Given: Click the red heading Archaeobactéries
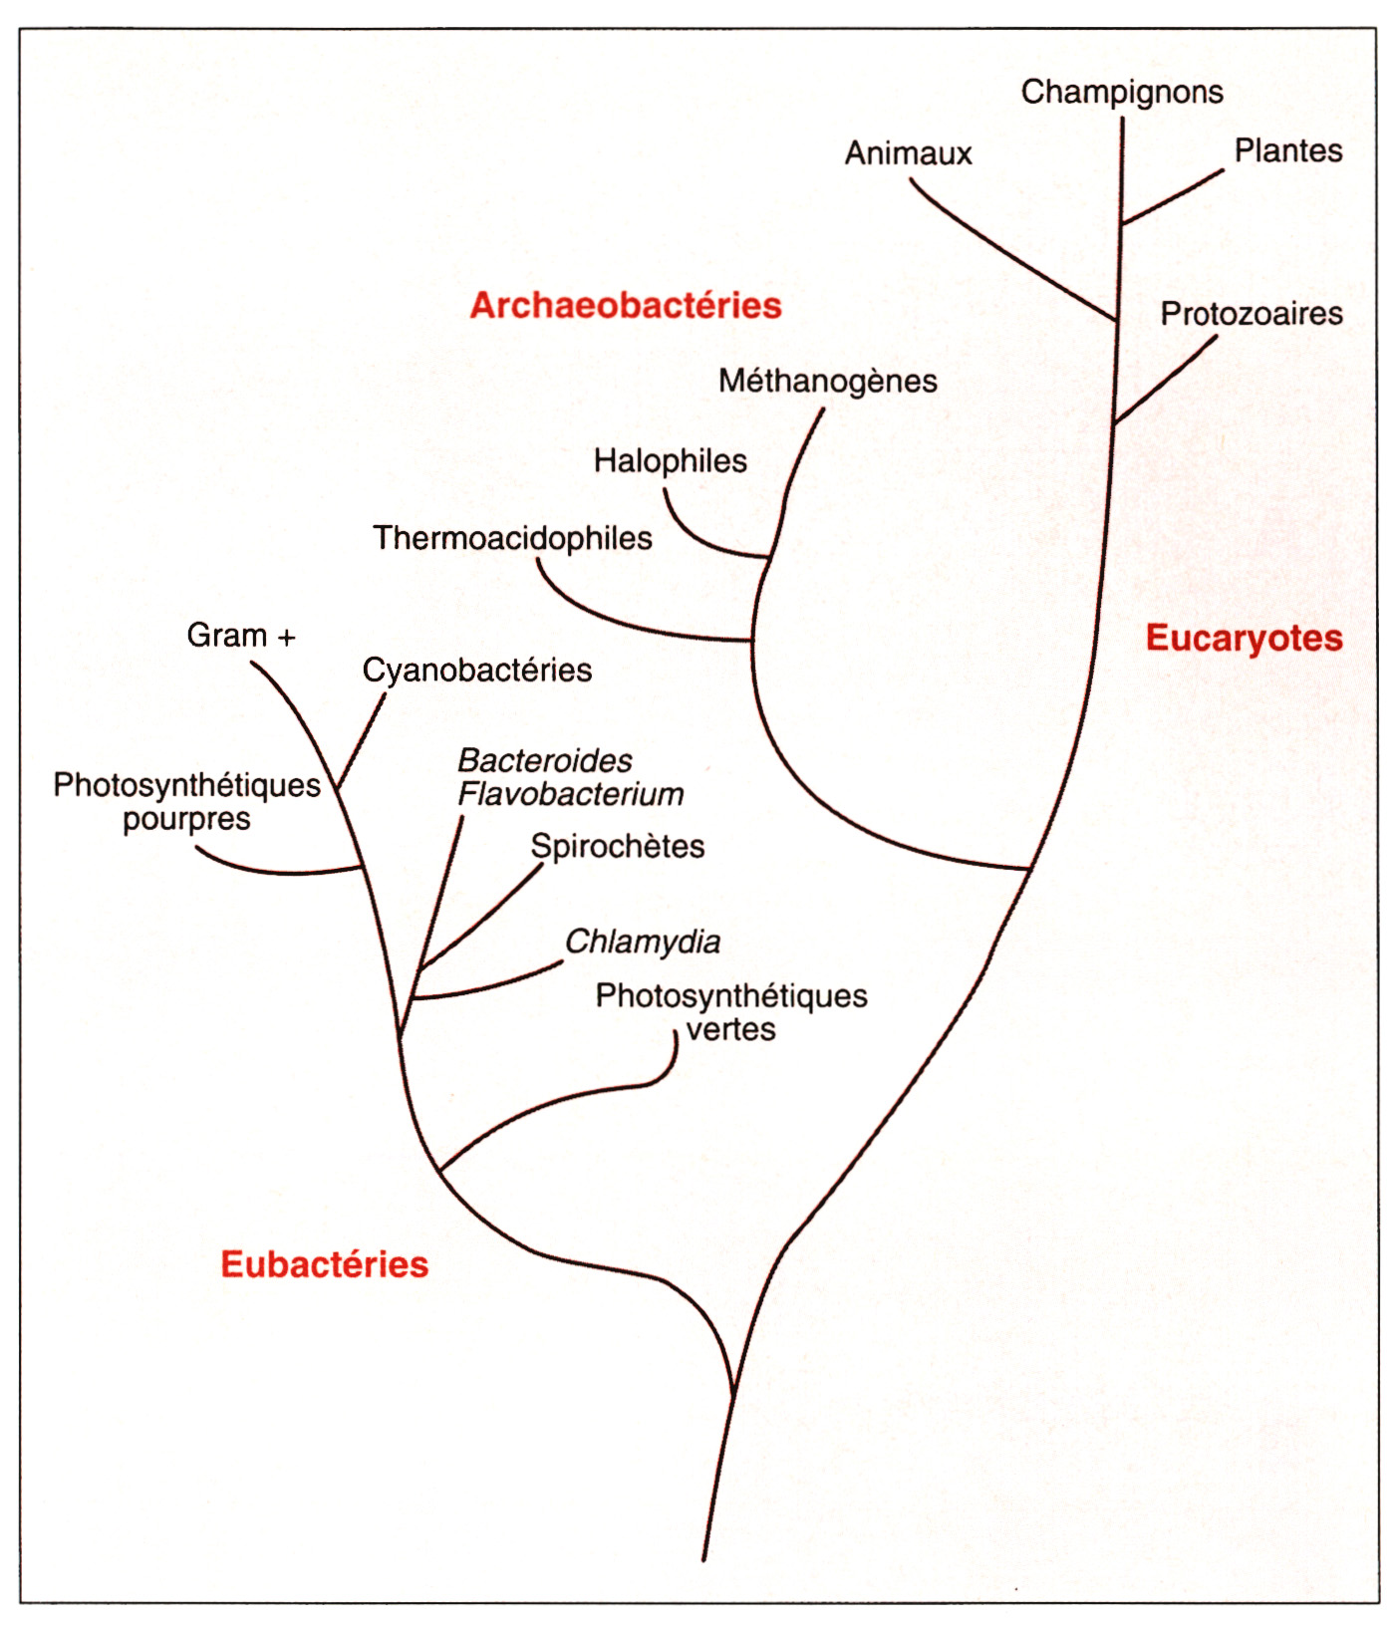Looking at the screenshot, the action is point(626,305).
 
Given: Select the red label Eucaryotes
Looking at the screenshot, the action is point(1245,638).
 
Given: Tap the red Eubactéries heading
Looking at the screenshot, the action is point(325,1263).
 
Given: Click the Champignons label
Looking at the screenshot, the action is point(1122,93).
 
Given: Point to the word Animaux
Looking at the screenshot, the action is point(909,153).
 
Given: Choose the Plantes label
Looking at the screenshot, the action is point(1288,150).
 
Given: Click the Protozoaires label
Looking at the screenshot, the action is point(1252,314).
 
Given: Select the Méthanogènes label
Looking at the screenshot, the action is point(828,382).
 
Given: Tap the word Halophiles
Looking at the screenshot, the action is point(671,461).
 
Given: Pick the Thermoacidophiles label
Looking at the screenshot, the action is point(512,538).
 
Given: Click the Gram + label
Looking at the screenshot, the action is point(241,636).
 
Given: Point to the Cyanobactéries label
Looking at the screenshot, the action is point(477,671).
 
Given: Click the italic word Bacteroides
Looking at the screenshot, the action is point(545,761).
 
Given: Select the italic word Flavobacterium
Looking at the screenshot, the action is point(571,794).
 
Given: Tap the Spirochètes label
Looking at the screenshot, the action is point(618,847).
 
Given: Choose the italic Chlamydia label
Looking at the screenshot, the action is point(643,943).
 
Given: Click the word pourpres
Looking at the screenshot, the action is point(186,821).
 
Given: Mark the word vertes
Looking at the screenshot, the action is point(731,1029).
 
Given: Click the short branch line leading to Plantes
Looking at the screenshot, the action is point(1172,196).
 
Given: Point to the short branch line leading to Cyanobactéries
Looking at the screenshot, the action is point(362,741).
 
